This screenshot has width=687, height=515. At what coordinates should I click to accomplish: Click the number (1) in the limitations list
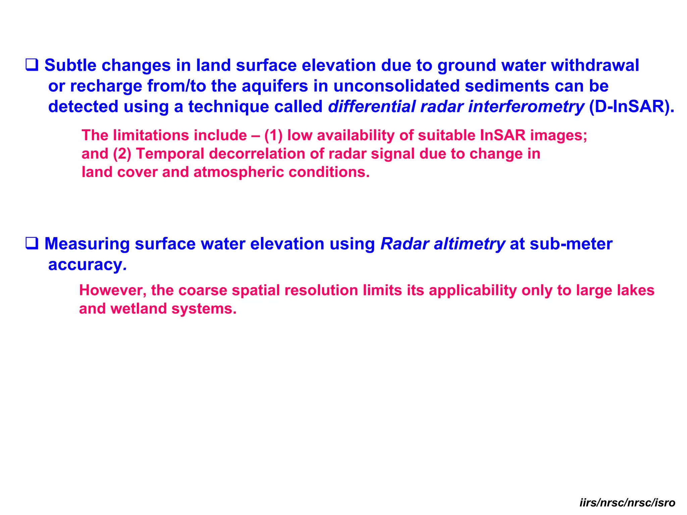(x=273, y=135)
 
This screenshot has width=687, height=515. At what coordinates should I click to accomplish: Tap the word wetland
(x=138, y=309)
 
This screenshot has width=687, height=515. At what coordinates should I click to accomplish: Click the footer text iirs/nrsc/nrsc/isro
(x=627, y=503)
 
